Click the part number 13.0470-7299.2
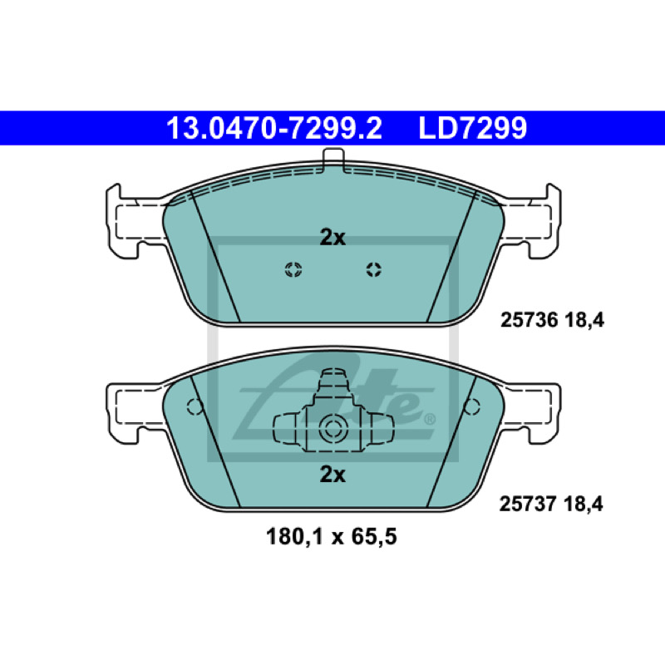[x=274, y=128]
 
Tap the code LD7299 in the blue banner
[x=472, y=128]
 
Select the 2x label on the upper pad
[x=332, y=238]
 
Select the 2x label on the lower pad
[x=332, y=475]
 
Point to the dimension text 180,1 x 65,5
[x=331, y=536]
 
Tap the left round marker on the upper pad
[x=293, y=269]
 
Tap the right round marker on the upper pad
[x=373, y=269]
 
